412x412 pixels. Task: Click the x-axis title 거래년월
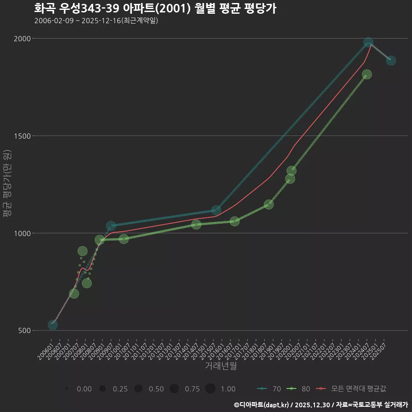221,366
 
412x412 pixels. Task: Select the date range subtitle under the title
96,20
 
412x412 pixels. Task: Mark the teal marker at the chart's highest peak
368,42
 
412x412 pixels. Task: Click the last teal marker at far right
391,61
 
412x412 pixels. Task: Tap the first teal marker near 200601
53,325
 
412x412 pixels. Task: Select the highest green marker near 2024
367,74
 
